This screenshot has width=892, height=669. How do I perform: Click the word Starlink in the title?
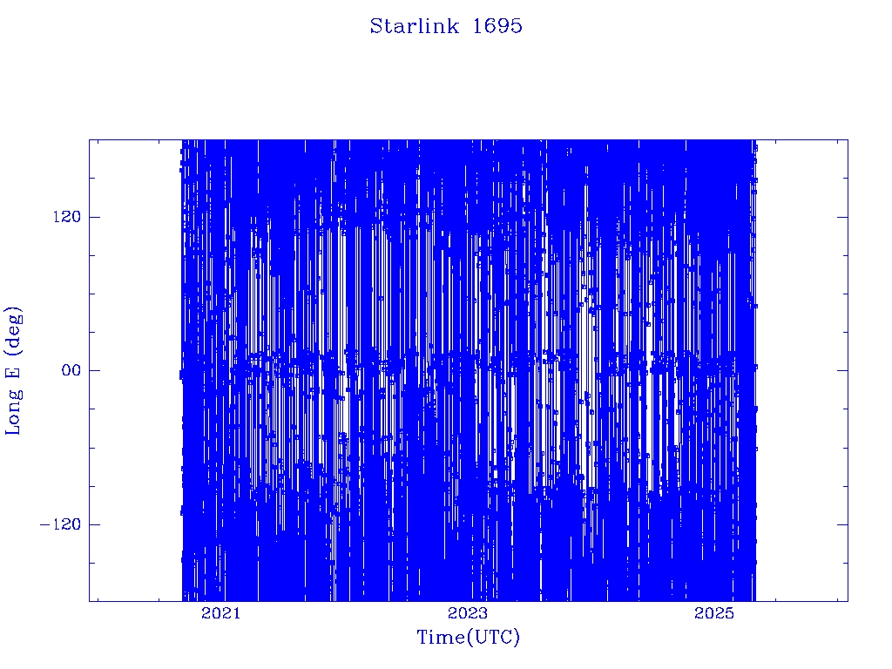[414, 26]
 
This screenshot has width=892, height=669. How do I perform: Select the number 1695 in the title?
[497, 26]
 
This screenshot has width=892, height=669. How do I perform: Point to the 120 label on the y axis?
[66, 217]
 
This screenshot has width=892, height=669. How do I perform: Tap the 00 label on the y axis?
[71, 370]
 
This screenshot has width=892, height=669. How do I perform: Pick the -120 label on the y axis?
[60, 524]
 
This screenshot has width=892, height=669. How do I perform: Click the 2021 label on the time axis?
[220, 613]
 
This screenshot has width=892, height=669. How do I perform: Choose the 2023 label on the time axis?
[467, 613]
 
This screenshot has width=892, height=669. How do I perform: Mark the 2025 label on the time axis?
[714, 613]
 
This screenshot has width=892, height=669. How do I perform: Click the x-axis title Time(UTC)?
[468, 637]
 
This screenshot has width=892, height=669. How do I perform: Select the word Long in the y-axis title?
[14, 411]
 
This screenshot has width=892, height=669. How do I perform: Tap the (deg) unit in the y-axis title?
[14, 330]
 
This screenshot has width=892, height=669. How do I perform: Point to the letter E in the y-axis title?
[12, 371]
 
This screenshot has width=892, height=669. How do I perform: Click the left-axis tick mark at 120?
[94, 217]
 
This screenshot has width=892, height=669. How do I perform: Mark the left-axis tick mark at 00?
[94, 370]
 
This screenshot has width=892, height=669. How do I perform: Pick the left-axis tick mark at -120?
[94, 524]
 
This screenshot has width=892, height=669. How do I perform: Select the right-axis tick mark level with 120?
[842, 217]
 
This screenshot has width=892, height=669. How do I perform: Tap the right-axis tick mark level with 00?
[842, 370]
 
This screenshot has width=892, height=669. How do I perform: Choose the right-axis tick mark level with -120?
[842, 524]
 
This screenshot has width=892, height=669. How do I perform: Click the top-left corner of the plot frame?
[90, 140]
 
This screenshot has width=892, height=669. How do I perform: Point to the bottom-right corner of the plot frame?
[848, 601]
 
